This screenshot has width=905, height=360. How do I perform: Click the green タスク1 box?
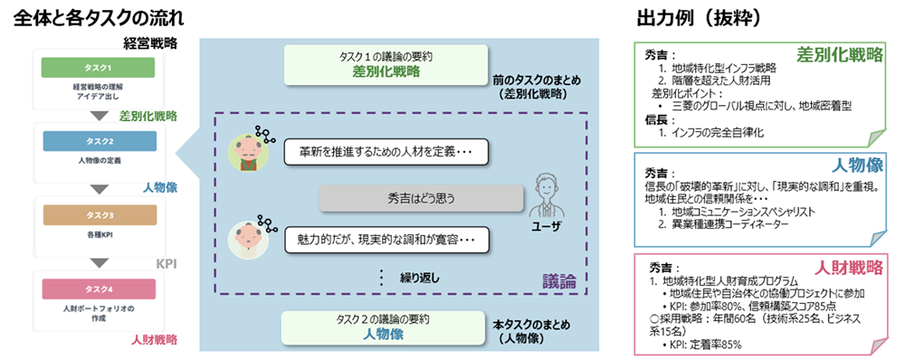click(x=98, y=68)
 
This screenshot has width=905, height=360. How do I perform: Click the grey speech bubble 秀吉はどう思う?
click(x=421, y=196)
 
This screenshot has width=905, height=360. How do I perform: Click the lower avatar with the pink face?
click(x=242, y=239)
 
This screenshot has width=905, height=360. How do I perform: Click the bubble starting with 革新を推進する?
click(x=386, y=151)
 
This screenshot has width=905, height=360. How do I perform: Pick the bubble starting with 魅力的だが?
click(x=386, y=240)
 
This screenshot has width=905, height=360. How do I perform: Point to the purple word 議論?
click(x=558, y=280)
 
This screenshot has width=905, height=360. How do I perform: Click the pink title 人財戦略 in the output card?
click(x=845, y=269)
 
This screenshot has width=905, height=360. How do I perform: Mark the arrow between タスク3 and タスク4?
click(x=98, y=262)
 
